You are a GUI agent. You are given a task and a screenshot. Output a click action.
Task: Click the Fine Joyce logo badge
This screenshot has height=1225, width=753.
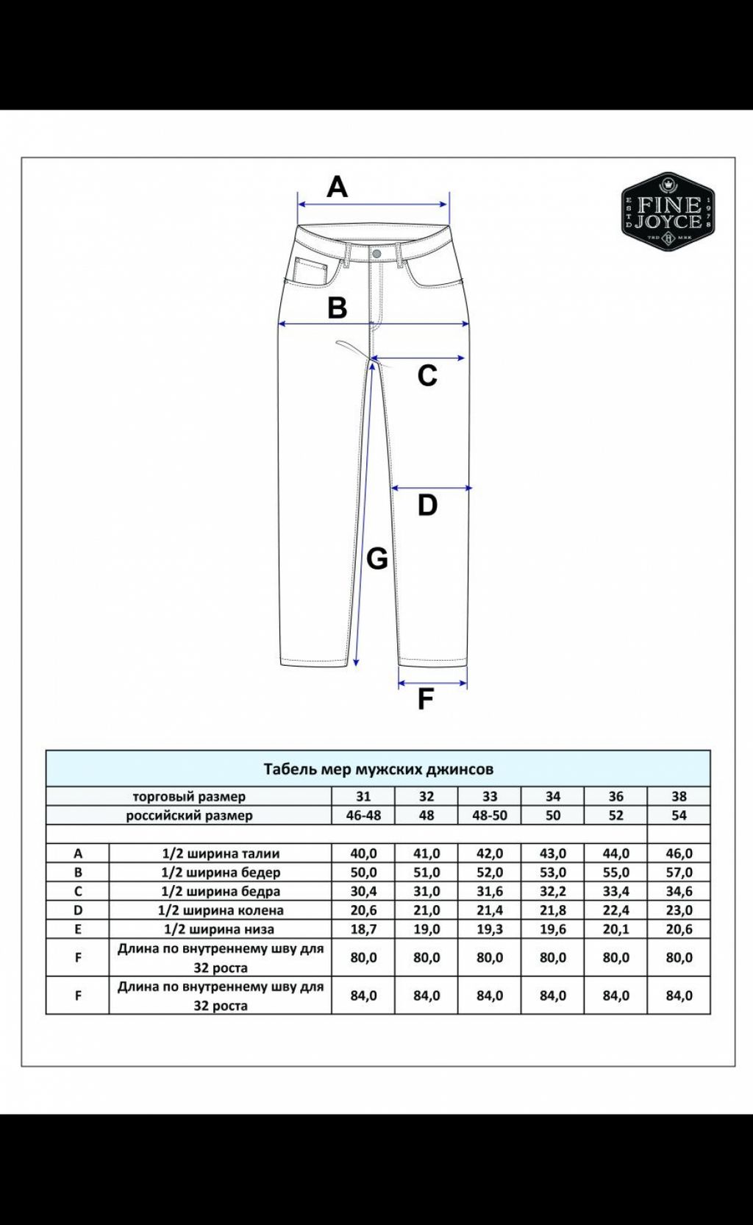click(x=668, y=212)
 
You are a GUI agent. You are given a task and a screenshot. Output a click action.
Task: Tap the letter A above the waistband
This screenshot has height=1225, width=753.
click(x=337, y=187)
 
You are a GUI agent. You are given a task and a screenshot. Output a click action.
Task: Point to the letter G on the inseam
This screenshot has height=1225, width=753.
click(x=376, y=559)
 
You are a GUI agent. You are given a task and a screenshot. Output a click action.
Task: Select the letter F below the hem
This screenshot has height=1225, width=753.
click(x=425, y=699)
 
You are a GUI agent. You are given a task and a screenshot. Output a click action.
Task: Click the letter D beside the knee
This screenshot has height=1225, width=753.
click(x=427, y=505)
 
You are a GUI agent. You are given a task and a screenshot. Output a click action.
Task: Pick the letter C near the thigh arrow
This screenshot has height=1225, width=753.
click(x=427, y=376)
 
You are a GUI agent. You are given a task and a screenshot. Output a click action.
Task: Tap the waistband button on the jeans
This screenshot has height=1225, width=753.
click(x=376, y=254)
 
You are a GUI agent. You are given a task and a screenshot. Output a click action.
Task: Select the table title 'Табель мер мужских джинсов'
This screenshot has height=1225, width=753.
click(x=378, y=769)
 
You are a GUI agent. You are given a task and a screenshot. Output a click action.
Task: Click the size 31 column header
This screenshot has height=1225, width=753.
click(x=363, y=796)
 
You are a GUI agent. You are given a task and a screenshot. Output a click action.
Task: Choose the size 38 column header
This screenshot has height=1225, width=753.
click(x=679, y=796)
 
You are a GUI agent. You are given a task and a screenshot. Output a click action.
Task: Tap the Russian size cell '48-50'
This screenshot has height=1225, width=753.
click(x=490, y=815)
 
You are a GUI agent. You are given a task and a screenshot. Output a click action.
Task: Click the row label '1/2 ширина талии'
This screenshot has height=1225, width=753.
click(x=221, y=853)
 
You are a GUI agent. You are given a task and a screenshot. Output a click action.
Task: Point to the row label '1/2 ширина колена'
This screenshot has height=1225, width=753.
click(x=221, y=910)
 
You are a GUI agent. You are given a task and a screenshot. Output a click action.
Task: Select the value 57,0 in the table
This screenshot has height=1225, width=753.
click(x=679, y=873)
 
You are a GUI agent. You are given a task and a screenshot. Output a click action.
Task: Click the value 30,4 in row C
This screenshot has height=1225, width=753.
click(x=363, y=891)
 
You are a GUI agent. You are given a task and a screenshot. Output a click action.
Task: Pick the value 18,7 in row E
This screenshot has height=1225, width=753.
click(x=363, y=929)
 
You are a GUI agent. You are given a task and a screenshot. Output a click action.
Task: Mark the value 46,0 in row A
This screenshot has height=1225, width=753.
click(x=679, y=853)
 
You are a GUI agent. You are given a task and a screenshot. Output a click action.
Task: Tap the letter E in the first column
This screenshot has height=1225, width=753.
click(x=78, y=929)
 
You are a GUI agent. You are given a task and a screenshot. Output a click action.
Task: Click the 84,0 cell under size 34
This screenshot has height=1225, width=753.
click(x=553, y=995)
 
